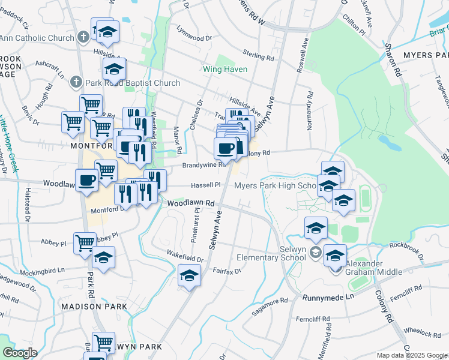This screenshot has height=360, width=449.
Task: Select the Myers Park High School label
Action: point(274,185)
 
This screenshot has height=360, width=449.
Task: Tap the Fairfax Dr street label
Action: point(227,271)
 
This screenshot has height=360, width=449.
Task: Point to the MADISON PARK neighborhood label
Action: point(94,307)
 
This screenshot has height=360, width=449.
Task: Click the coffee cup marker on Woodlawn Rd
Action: point(86,179)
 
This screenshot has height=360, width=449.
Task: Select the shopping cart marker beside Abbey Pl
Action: point(85,243)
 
